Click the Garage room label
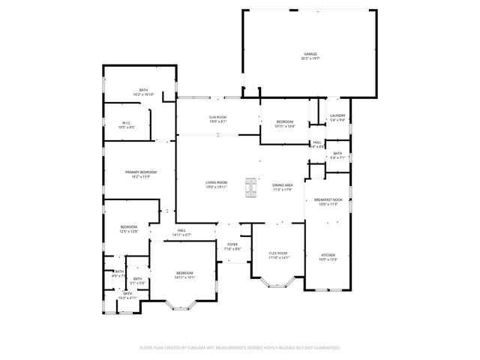pyautogui.click(x=310, y=56)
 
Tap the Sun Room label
pyautogui.click(x=217, y=120)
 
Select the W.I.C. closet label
pyautogui.click(x=127, y=125)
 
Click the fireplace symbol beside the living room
pyautogui.click(x=250, y=184)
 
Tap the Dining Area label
pyautogui.click(x=283, y=187)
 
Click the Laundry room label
pyautogui.click(x=337, y=118)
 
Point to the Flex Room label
pyautogui.click(x=278, y=256)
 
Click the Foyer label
pyautogui.click(x=232, y=247)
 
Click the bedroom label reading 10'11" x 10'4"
pyautogui.click(x=285, y=124)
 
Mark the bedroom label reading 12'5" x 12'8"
pyautogui.click(x=130, y=229)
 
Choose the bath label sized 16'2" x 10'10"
pyautogui.click(x=143, y=92)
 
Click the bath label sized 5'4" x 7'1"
pyautogui.click(x=337, y=155)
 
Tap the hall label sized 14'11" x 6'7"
pyautogui.click(x=181, y=232)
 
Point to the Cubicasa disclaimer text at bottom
pyautogui.click(x=240, y=348)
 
